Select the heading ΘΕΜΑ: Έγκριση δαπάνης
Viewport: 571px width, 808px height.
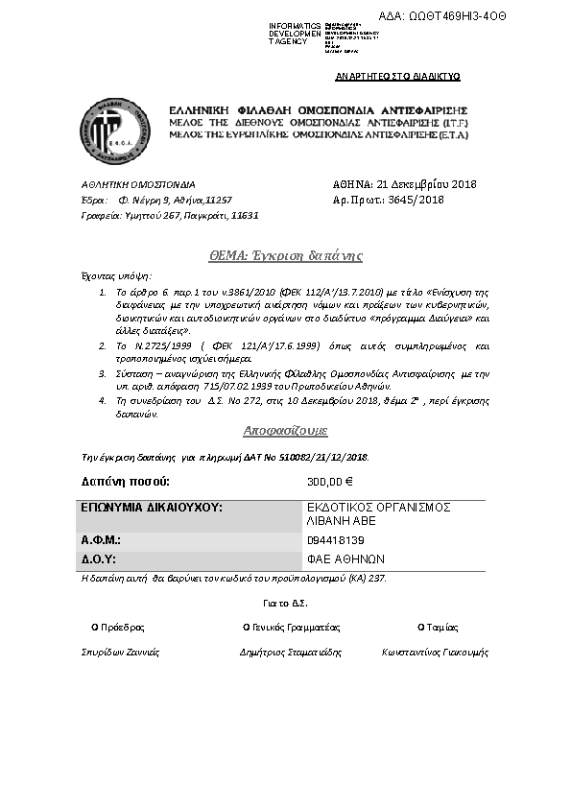(x=285, y=256)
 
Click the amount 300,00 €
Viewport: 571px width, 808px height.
(x=330, y=482)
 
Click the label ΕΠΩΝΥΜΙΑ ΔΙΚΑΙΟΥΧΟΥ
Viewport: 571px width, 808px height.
(x=151, y=507)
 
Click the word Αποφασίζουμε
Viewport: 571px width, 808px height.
(x=285, y=431)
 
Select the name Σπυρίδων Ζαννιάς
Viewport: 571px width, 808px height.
(x=120, y=652)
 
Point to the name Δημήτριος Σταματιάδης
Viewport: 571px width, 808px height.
(x=291, y=652)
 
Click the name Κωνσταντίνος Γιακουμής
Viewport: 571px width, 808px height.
(x=435, y=652)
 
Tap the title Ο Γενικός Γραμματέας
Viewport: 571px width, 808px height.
(x=292, y=627)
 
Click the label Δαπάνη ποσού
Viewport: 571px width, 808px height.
(x=126, y=481)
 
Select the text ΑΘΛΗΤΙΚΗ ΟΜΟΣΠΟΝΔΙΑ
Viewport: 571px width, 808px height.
(x=137, y=184)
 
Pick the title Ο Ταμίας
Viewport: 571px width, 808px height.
(x=434, y=627)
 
